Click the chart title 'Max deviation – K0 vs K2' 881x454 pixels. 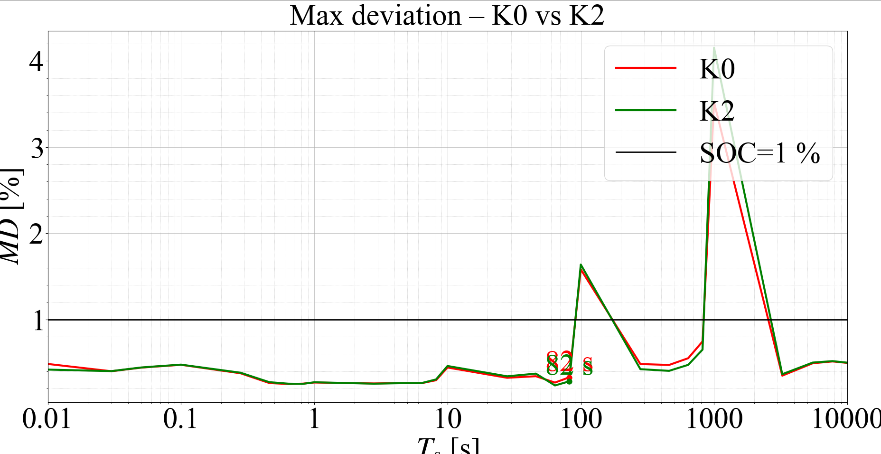[447, 16]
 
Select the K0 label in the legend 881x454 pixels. [717, 69]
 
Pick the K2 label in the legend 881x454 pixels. [717, 111]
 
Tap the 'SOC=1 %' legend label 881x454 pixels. [759, 153]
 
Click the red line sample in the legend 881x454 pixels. [646, 68]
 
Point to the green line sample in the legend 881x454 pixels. [646, 110]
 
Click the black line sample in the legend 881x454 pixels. [646, 152]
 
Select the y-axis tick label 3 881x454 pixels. [37, 149]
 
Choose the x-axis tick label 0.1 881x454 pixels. [180, 419]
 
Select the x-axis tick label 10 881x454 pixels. [448, 419]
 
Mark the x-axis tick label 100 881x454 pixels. [581, 419]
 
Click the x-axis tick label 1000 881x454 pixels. [714, 419]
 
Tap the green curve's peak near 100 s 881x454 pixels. [581, 265]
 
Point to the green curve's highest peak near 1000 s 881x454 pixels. [714, 48]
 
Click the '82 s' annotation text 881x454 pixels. [569, 365]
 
